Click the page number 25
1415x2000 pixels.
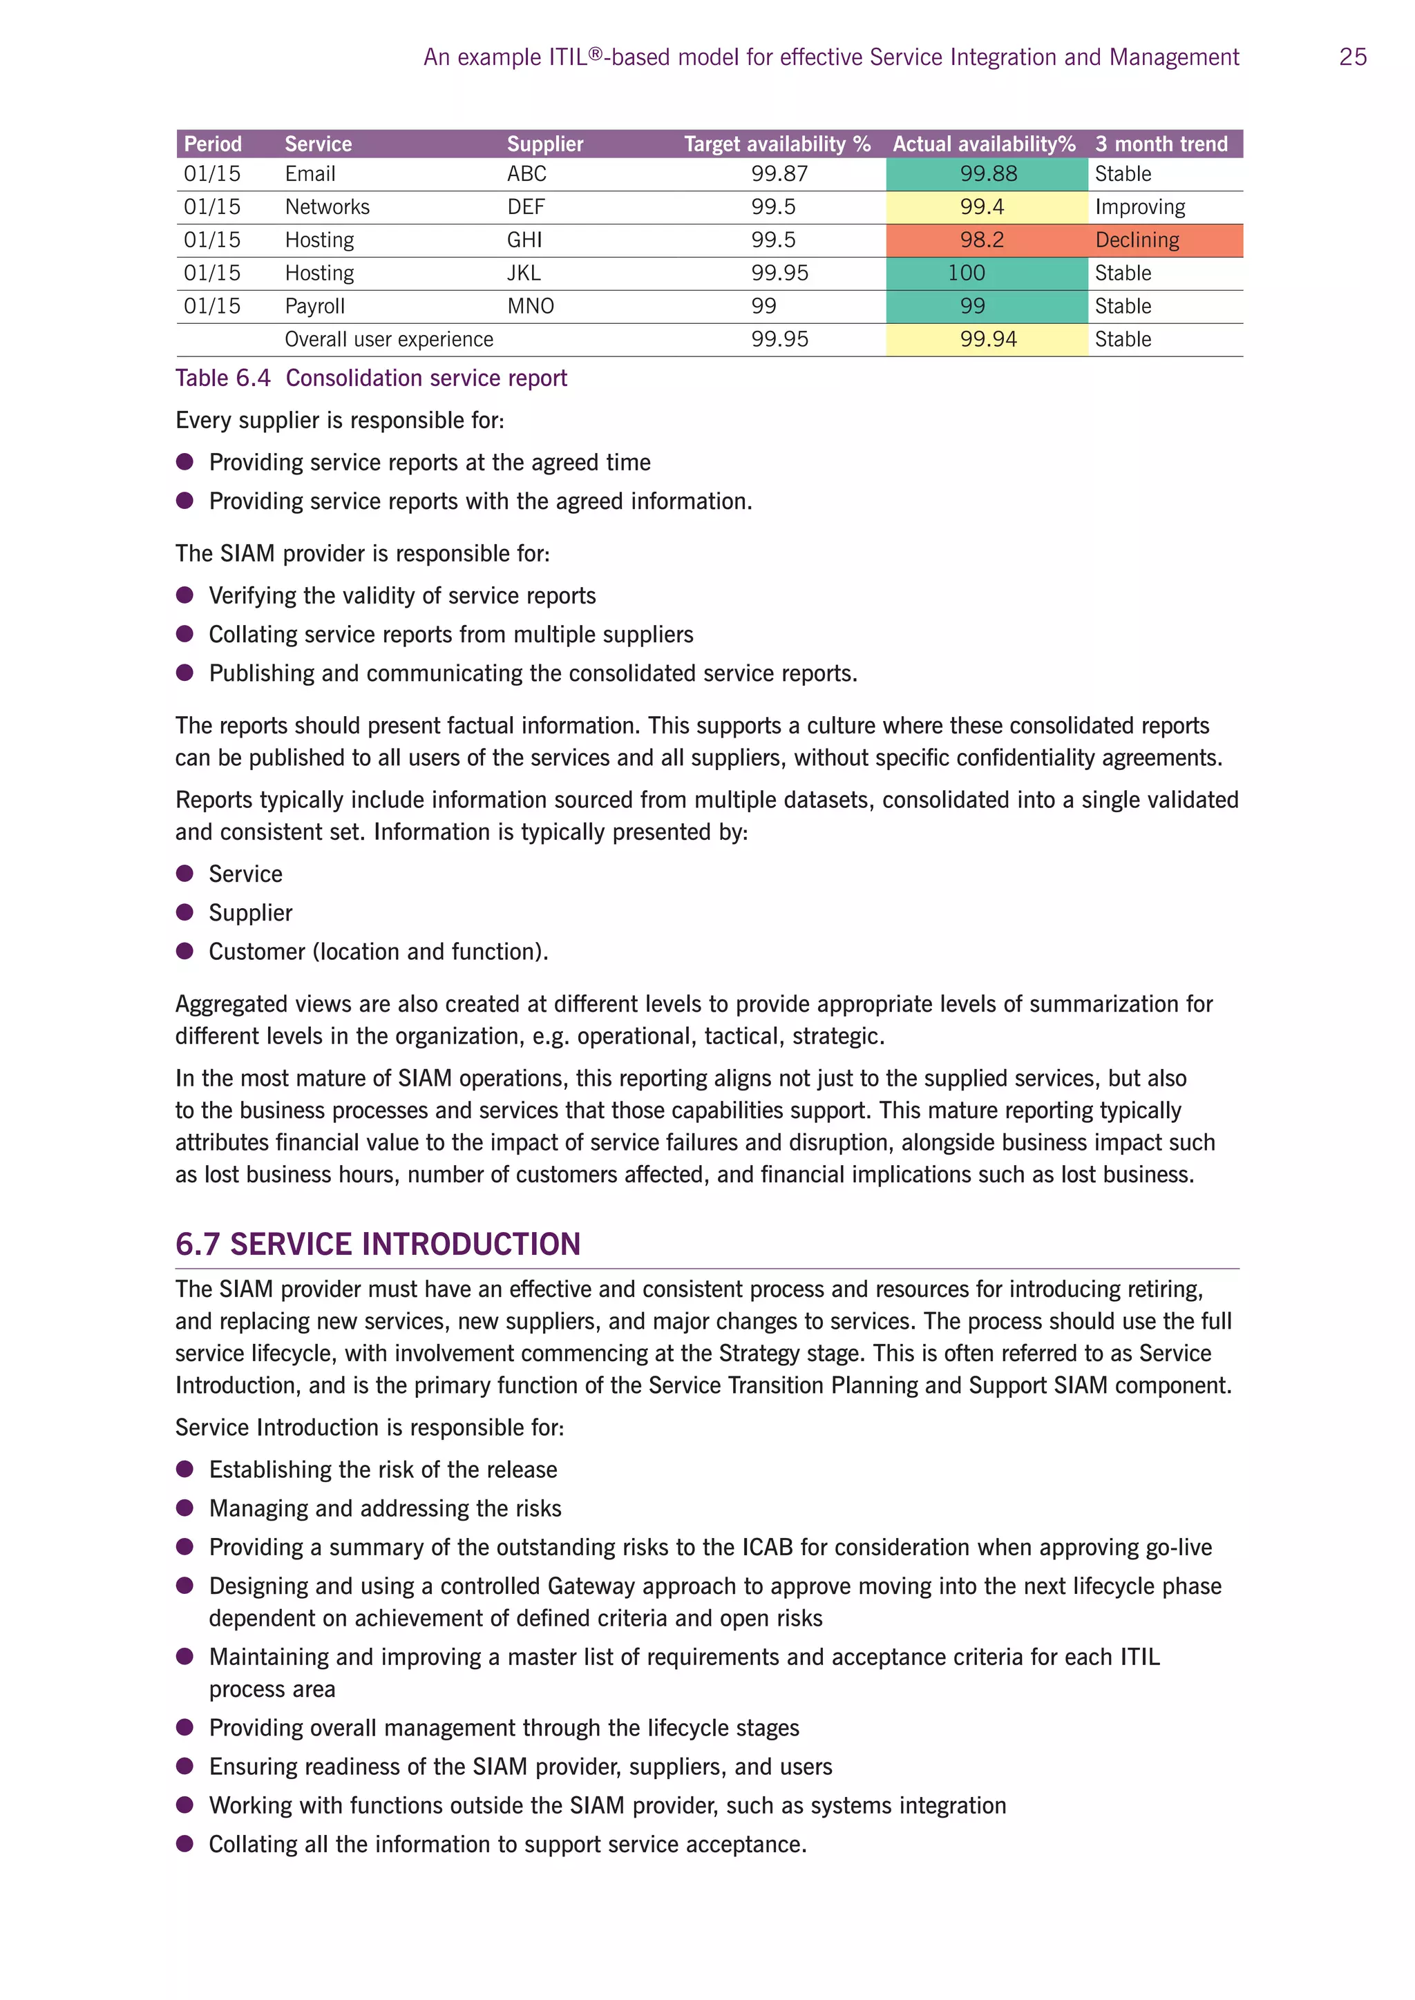[x=1352, y=57]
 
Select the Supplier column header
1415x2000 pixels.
[x=544, y=144]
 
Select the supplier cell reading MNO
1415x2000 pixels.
[x=531, y=307]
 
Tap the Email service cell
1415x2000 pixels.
[x=310, y=174]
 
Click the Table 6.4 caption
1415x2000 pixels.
[x=371, y=378]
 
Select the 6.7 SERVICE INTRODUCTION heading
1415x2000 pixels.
[x=377, y=1244]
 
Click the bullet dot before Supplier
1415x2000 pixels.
[x=184, y=912]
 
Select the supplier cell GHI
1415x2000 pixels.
[x=524, y=240]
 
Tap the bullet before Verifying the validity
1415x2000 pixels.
[x=184, y=595]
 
